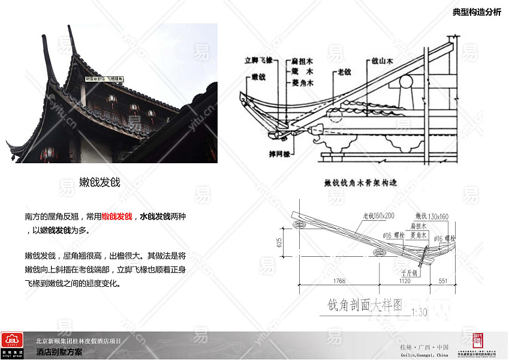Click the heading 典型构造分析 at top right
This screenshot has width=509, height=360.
477,13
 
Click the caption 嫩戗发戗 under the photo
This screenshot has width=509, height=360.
100,182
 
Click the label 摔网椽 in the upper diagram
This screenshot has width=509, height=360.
279,154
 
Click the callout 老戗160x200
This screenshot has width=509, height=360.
378,215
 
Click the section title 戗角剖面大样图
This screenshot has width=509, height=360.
364,305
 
